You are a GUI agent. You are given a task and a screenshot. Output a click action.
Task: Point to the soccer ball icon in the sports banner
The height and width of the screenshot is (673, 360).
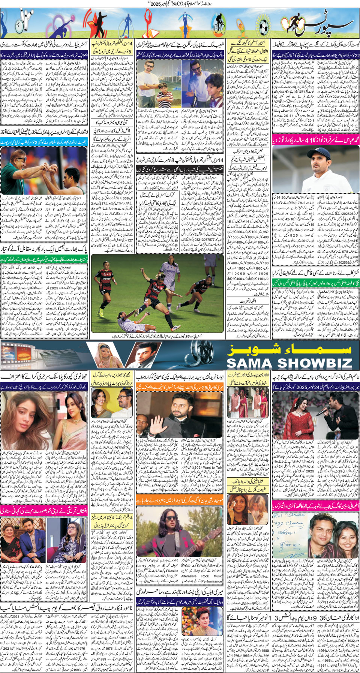tap(264, 26)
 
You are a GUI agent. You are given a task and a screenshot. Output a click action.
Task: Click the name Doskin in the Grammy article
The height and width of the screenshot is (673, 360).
tap(173, 571)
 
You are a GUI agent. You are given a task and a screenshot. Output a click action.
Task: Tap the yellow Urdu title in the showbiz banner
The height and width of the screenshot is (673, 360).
tap(289, 349)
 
